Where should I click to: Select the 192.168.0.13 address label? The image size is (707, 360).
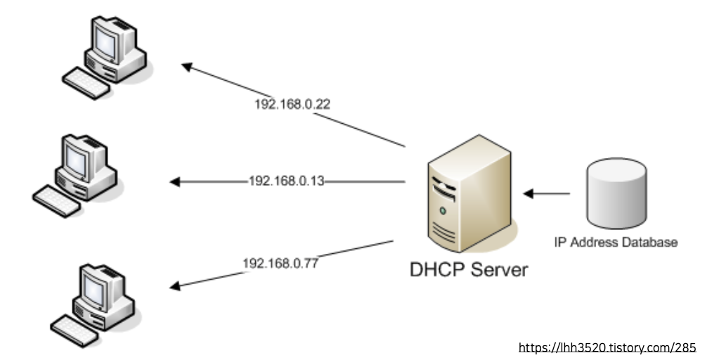(x=286, y=181)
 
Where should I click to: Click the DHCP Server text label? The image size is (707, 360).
(x=469, y=269)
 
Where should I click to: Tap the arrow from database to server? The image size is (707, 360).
(x=547, y=192)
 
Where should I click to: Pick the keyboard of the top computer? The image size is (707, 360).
(x=86, y=82)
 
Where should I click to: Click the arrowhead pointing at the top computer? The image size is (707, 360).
(x=187, y=67)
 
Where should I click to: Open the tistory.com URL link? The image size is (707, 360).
(x=607, y=347)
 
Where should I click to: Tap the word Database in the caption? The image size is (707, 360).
(x=653, y=243)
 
